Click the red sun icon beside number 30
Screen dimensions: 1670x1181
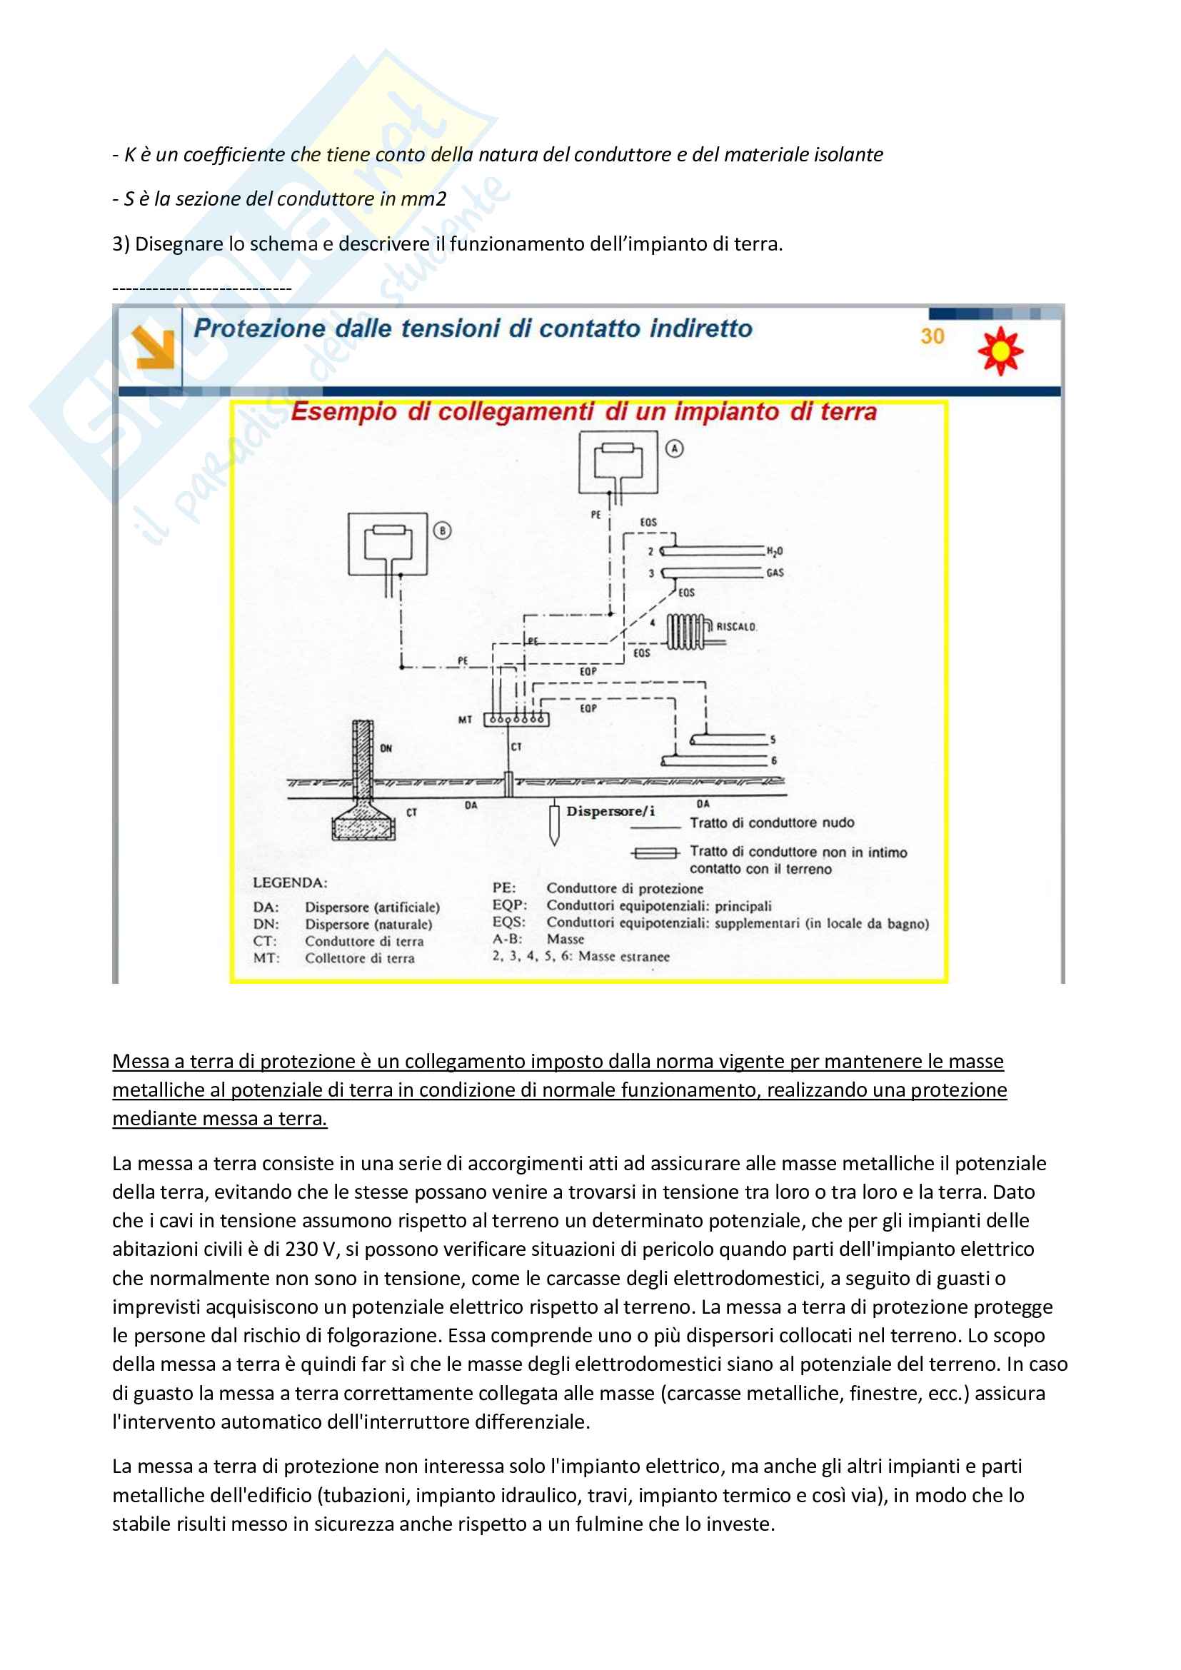1000,350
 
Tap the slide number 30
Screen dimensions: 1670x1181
932,336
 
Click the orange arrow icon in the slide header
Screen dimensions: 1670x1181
153,348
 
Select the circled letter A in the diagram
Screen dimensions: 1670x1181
675,449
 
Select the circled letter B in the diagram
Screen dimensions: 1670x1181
442,531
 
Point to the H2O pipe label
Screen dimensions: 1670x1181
775,551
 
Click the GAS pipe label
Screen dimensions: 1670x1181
775,573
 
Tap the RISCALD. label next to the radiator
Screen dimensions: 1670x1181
736,626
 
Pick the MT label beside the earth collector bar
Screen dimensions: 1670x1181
465,720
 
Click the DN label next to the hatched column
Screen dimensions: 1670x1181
386,748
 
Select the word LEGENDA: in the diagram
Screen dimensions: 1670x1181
290,882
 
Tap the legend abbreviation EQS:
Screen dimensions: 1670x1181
508,922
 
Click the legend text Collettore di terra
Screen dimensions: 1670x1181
359,958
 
